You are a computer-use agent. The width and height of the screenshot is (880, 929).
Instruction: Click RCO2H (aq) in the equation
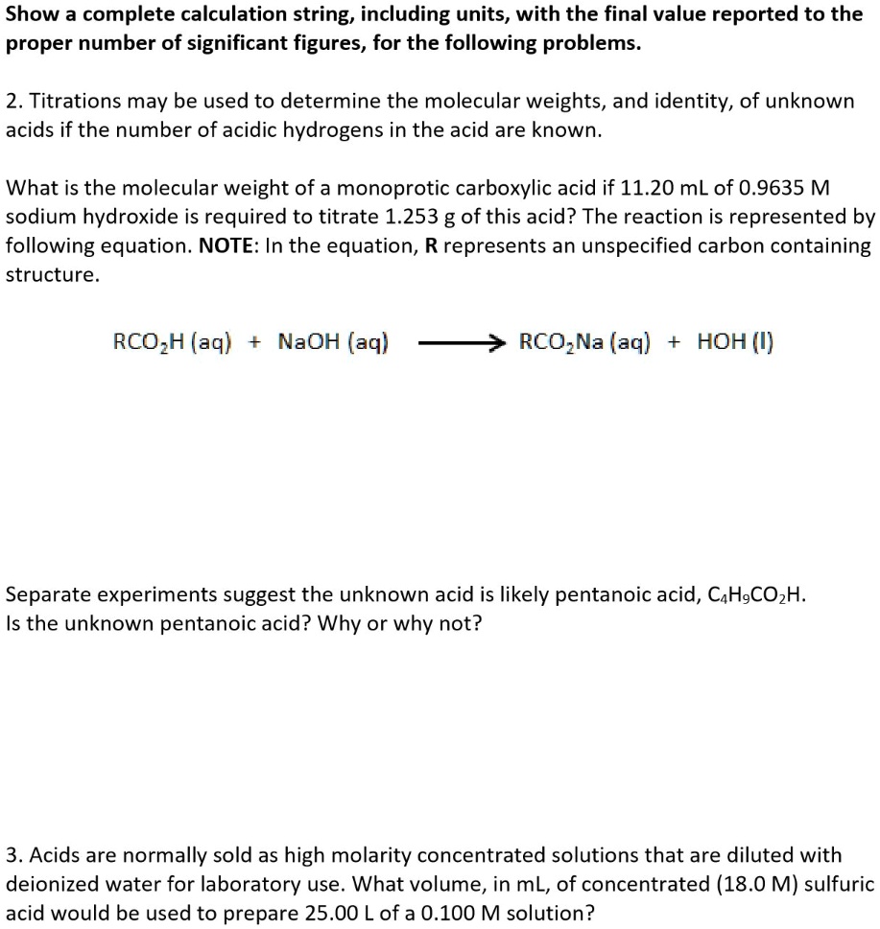(172, 342)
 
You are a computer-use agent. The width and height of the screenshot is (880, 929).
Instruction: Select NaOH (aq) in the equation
(333, 342)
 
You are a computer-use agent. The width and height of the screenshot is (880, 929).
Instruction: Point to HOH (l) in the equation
(736, 342)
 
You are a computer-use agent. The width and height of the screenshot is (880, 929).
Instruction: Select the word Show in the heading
(28, 15)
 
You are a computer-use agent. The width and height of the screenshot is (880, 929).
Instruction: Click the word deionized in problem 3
(48, 883)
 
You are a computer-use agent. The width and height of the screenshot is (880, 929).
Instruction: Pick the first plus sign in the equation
(255, 342)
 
